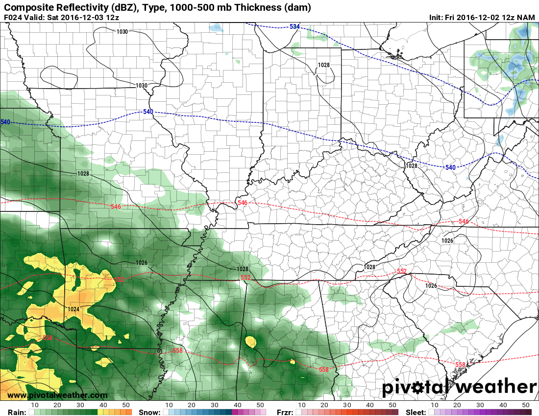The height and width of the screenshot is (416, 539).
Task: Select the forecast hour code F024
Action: (13, 17)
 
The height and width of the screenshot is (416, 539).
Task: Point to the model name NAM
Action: (527, 17)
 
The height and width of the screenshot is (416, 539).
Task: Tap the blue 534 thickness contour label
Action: (294, 26)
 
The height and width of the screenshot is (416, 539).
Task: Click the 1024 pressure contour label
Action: (74, 309)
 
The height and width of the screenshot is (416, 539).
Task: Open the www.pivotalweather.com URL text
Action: (57, 395)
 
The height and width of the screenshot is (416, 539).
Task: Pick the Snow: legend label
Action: (149, 413)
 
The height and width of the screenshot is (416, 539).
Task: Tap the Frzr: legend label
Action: (285, 413)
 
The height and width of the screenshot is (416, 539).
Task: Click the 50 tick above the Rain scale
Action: (126, 405)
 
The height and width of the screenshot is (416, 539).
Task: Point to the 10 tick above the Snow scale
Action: (169, 405)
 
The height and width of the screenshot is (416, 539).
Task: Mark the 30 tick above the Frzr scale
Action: (347, 405)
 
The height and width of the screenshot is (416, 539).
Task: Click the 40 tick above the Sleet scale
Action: (503, 405)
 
